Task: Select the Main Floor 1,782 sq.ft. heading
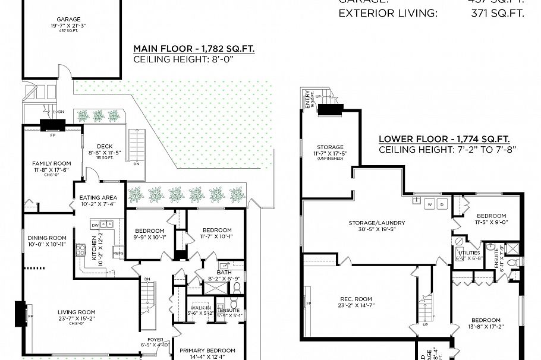[194, 49]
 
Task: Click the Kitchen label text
[93, 249]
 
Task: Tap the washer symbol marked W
[429, 204]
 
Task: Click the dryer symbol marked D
[442, 204]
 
